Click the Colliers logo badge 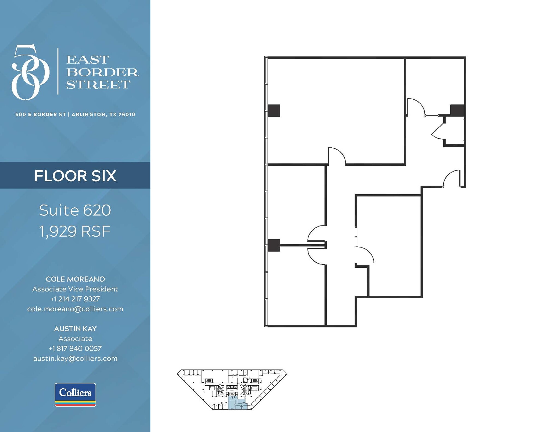75,395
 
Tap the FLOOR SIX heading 75,176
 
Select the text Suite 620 75,210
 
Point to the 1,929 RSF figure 75,231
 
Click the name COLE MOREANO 75,279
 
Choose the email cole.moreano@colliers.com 75,309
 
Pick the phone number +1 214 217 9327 75,299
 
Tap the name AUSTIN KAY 75,329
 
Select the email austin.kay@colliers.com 75,358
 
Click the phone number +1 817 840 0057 75,348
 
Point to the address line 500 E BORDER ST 41,115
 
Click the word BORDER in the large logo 102,72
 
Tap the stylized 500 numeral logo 30,72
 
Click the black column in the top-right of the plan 457,110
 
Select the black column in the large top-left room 274,111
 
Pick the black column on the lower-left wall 274,245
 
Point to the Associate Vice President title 75,289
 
